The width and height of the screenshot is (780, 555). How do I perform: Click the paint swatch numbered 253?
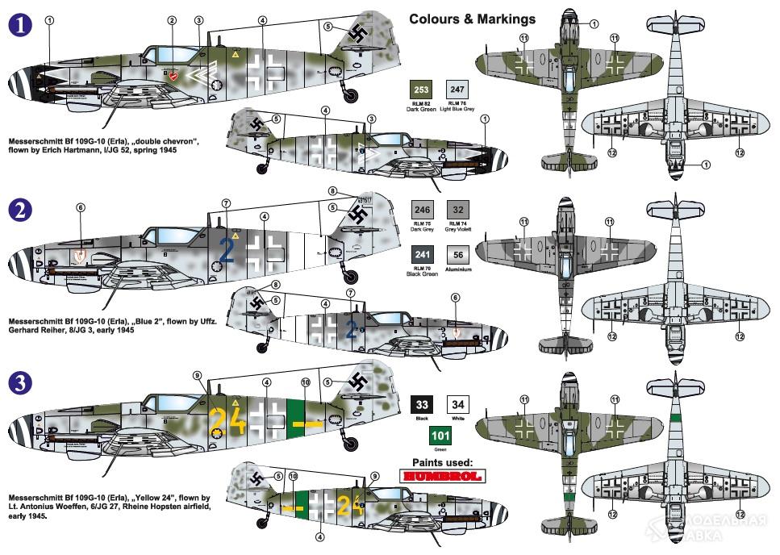click(x=422, y=89)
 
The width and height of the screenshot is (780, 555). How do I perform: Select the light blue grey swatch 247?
click(x=457, y=89)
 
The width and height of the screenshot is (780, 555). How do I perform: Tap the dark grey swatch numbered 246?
click(x=422, y=209)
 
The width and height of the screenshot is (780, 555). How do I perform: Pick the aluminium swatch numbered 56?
click(x=457, y=256)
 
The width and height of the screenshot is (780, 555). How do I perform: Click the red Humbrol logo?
click(x=440, y=476)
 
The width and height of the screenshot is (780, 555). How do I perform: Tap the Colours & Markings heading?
click(x=472, y=19)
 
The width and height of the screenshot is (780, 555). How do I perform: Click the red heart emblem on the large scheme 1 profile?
click(x=174, y=74)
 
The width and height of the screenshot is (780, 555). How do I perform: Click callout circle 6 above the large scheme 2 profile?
click(x=81, y=207)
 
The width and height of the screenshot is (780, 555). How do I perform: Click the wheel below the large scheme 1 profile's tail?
click(x=350, y=96)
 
